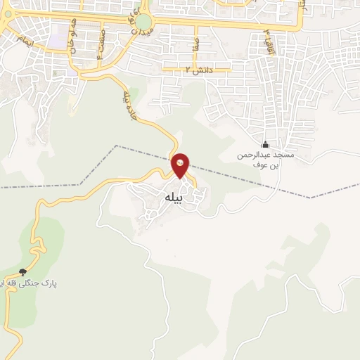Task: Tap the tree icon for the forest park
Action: coord(22,272)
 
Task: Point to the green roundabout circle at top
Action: coord(143,22)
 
